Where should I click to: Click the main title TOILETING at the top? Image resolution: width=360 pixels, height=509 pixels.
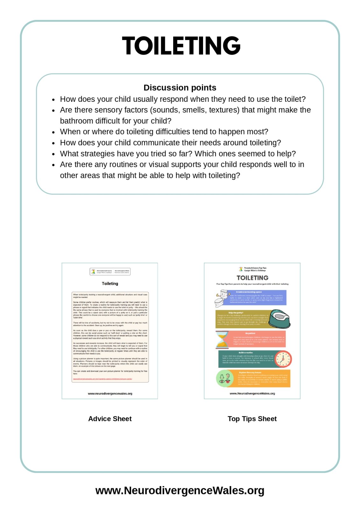tap(181, 46)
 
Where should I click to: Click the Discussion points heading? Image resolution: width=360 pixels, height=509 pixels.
tap(180, 87)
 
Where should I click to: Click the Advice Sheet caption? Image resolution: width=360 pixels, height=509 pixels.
tap(110, 419)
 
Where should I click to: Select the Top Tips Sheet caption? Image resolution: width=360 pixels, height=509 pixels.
tap(252, 419)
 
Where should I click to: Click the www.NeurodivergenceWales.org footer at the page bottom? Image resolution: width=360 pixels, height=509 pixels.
tap(180, 490)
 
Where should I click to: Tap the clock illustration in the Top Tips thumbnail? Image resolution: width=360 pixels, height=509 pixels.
tap(283, 359)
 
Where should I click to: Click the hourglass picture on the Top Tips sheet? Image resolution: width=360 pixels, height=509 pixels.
tap(222, 339)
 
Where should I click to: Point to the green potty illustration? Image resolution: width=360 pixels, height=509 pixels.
tap(280, 318)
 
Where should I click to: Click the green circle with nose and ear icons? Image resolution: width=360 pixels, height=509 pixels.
tap(225, 378)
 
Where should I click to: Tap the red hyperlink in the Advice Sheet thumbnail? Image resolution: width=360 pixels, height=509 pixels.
tap(102, 379)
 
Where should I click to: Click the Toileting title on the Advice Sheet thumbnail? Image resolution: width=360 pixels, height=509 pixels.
tap(110, 283)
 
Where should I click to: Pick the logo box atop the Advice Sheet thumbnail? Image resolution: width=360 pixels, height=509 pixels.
tap(110, 271)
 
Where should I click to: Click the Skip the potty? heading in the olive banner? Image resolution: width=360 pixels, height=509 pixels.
tap(236, 313)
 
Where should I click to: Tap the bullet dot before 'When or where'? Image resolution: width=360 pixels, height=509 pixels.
tap(53, 132)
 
